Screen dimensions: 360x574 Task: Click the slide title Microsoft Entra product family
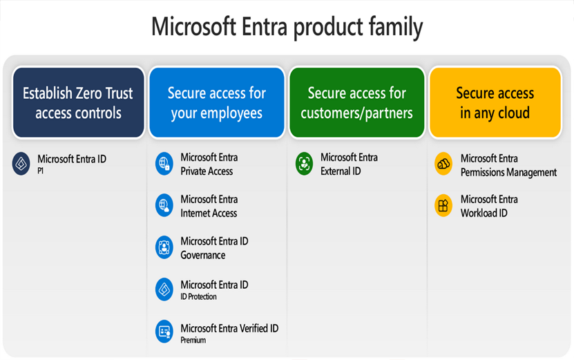click(287, 27)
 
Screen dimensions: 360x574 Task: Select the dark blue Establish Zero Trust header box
click(78, 102)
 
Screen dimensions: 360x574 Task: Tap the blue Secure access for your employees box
click(216, 102)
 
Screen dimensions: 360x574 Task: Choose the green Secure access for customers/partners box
click(356, 102)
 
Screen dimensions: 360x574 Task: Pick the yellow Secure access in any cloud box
click(495, 102)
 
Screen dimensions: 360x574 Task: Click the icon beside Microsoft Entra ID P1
click(21, 164)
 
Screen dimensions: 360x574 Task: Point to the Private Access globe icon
click(164, 164)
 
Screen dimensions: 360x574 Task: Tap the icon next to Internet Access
click(164, 206)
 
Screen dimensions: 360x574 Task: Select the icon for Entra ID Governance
click(164, 247)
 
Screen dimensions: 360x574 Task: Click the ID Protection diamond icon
click(164, 290)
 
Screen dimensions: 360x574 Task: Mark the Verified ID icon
click(164, 332)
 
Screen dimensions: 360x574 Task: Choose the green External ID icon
click(304, 164)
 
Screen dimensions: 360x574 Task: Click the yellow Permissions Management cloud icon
click(443, 164)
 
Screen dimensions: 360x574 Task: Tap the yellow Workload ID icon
click(443, 206)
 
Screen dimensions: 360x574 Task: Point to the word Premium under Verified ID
click(193, 340)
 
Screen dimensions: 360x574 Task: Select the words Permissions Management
click(508, 173)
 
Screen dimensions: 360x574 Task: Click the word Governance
click(203, 255)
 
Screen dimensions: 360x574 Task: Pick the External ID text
click(341, 171)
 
